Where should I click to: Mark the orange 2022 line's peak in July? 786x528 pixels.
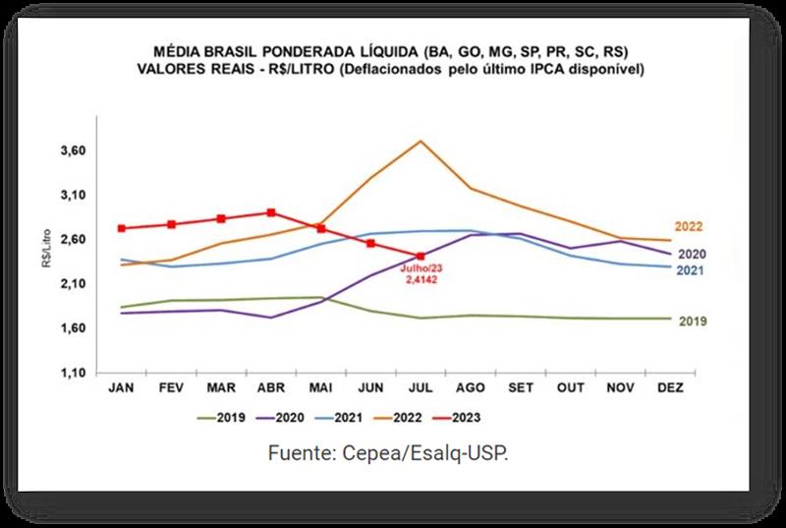tap(421, 141)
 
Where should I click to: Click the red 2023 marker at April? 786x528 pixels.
tap(271, 212)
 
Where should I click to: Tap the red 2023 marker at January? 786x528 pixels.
tap(121, 228)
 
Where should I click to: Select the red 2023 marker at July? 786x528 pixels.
tap(421, 257)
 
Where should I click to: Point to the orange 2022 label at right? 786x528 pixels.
tap(688, 227)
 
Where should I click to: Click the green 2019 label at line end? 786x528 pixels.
tap(693, 322)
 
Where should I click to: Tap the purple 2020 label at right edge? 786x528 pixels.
tap(693, 255)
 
